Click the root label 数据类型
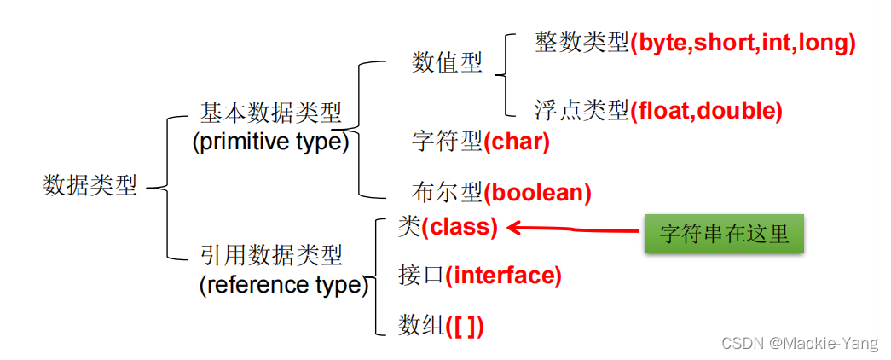[x=90, y=187]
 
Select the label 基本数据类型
[x=270, y=113]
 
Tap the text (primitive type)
[x=270, y=142]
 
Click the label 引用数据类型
[x=271, y=255]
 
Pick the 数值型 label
[x=447, y=62]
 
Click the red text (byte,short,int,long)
[x=743, y=43]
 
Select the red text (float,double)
[x=706, y=110]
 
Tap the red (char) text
[x=517, y=142]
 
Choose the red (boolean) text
[x=538, y=193]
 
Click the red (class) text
[x=459, y=227]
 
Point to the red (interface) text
[x=503, y=276]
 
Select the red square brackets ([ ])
[x=465, y=325]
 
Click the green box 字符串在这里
[x=724, y=235]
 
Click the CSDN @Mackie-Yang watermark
[x=799, y=344]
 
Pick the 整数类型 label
[x=582, y=43]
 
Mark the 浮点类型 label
[x=582, y=110]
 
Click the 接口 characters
[x=421, y=276]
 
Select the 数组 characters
[x=421, y=325]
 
